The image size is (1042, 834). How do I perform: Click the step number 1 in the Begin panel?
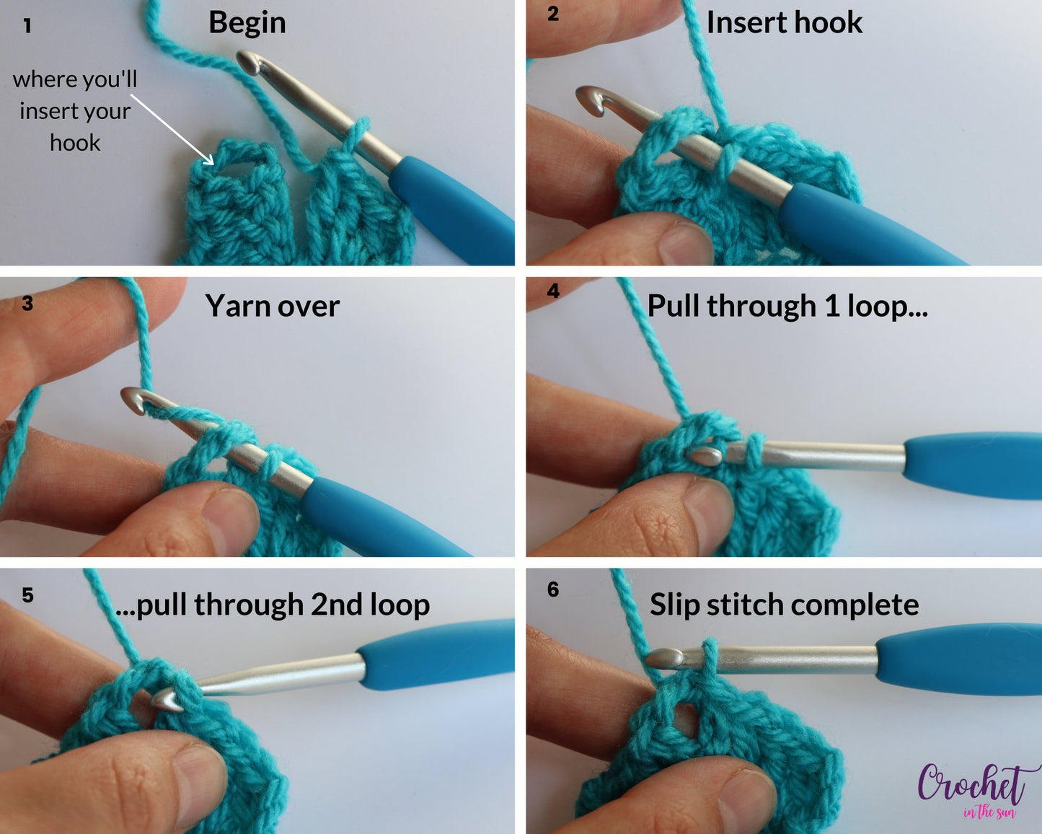click(27, 27)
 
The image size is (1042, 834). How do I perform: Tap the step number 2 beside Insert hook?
click(553, 14)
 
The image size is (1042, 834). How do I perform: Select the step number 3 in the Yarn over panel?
click(27, 303)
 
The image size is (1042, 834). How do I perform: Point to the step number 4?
click(553, 291)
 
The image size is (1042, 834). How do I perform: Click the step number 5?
click(27, 595)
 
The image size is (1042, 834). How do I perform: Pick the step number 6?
click(553, 589)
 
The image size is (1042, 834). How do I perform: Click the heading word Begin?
click(247, 23)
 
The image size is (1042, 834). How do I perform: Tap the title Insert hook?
click(784, 23)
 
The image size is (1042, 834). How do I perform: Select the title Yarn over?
click(272, 306)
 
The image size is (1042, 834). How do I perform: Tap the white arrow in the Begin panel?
click(173, 130)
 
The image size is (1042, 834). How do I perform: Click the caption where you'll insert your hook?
click(75, 111)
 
